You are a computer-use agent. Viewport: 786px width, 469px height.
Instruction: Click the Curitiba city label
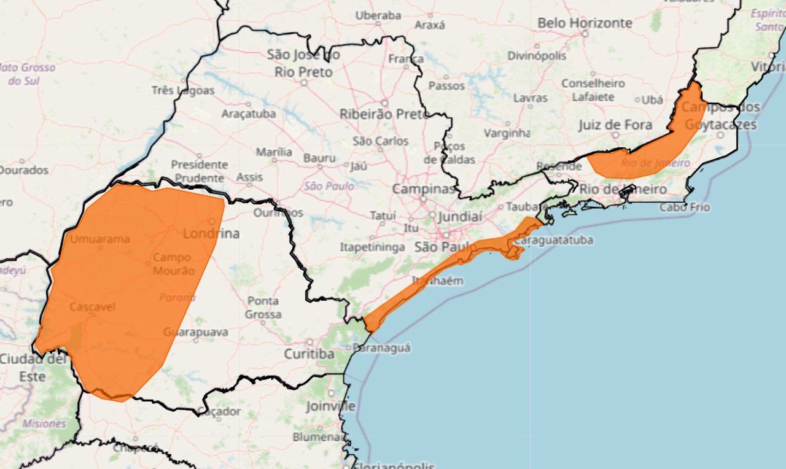tap(309, 354)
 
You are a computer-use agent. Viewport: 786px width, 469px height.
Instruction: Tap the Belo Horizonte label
tap(584, 23)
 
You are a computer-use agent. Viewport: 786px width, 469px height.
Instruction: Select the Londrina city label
tap(211, 234)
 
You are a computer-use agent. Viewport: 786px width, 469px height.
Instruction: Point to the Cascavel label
tap(93, 306)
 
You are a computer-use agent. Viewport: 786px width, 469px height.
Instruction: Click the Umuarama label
tap(99, 239)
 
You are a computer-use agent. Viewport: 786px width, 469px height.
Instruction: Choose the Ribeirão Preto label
tap(384, 114)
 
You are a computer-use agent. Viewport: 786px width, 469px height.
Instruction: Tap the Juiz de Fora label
tap(615, 125)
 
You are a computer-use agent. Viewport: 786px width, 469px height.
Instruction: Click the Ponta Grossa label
tap(263, 308)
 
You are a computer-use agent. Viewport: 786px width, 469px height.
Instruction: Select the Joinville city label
tap(331, 406)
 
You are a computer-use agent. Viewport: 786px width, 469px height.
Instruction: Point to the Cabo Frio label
tap(685, 207)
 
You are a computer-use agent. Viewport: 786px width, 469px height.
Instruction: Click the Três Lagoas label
tap(183, 91)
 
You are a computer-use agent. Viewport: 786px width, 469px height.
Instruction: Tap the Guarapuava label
tap(196, 332)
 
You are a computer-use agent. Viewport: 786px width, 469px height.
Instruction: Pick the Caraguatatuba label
tap(553, 240)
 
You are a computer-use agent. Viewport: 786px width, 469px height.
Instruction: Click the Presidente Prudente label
tap(200, 171)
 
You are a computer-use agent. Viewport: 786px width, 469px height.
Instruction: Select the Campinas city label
tap(424, 189)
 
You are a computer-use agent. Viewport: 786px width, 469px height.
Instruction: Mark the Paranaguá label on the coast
tap(383, 347)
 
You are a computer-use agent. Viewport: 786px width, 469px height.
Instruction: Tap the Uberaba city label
tap(378, 15)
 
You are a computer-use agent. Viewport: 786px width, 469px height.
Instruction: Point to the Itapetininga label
tap(372, 247)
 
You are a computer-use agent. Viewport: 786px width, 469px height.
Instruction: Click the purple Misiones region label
tap(44, 424)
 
